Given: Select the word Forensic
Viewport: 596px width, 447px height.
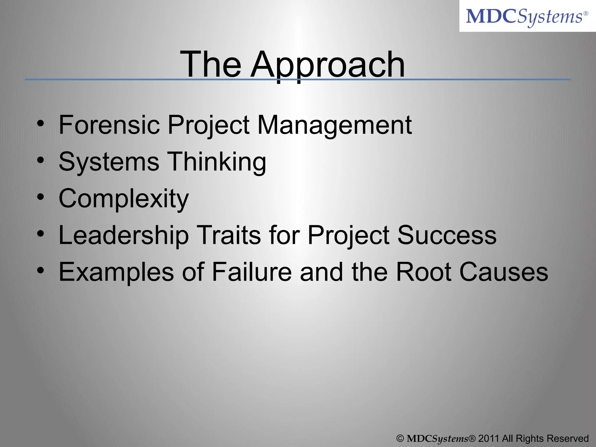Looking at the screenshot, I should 109,125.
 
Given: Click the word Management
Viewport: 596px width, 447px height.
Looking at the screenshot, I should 335,125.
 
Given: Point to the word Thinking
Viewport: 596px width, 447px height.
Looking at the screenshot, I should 217,162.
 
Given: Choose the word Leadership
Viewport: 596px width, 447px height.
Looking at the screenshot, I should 124,235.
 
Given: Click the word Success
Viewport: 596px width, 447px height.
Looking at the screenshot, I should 447,235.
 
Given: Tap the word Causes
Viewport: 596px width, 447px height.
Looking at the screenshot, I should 503,272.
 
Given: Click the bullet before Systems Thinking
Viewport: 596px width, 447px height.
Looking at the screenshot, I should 41,160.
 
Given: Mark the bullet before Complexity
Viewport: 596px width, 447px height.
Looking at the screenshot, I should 41,197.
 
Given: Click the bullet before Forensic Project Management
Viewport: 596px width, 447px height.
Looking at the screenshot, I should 41,123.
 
